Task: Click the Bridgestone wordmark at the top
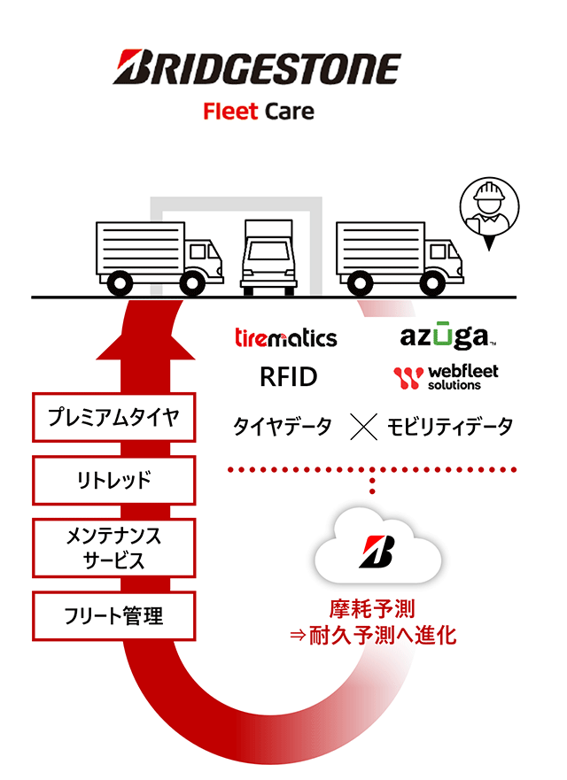pos(256,69)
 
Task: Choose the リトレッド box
pos(113,481)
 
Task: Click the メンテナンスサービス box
pos(113,548)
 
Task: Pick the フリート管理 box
pos(113,615)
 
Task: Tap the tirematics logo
pos(285,337)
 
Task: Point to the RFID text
pos(288,377)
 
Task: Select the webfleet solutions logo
pos(446,378)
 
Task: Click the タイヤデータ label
pos(282,428)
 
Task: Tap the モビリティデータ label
pos(449,428)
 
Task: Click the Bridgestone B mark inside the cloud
pos(377,551)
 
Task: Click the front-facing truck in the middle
pos(268,256)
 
